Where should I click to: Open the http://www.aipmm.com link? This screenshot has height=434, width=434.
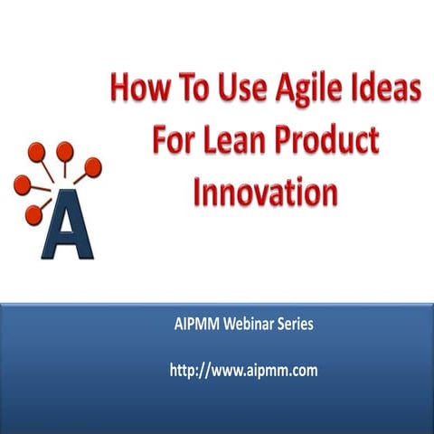[x=243, y=370]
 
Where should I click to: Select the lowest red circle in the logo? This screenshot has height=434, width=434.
[x=33, y=214]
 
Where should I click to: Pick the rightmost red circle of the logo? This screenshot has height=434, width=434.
[x=93, y=165]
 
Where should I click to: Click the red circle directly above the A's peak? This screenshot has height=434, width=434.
[x=64, y=150]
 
